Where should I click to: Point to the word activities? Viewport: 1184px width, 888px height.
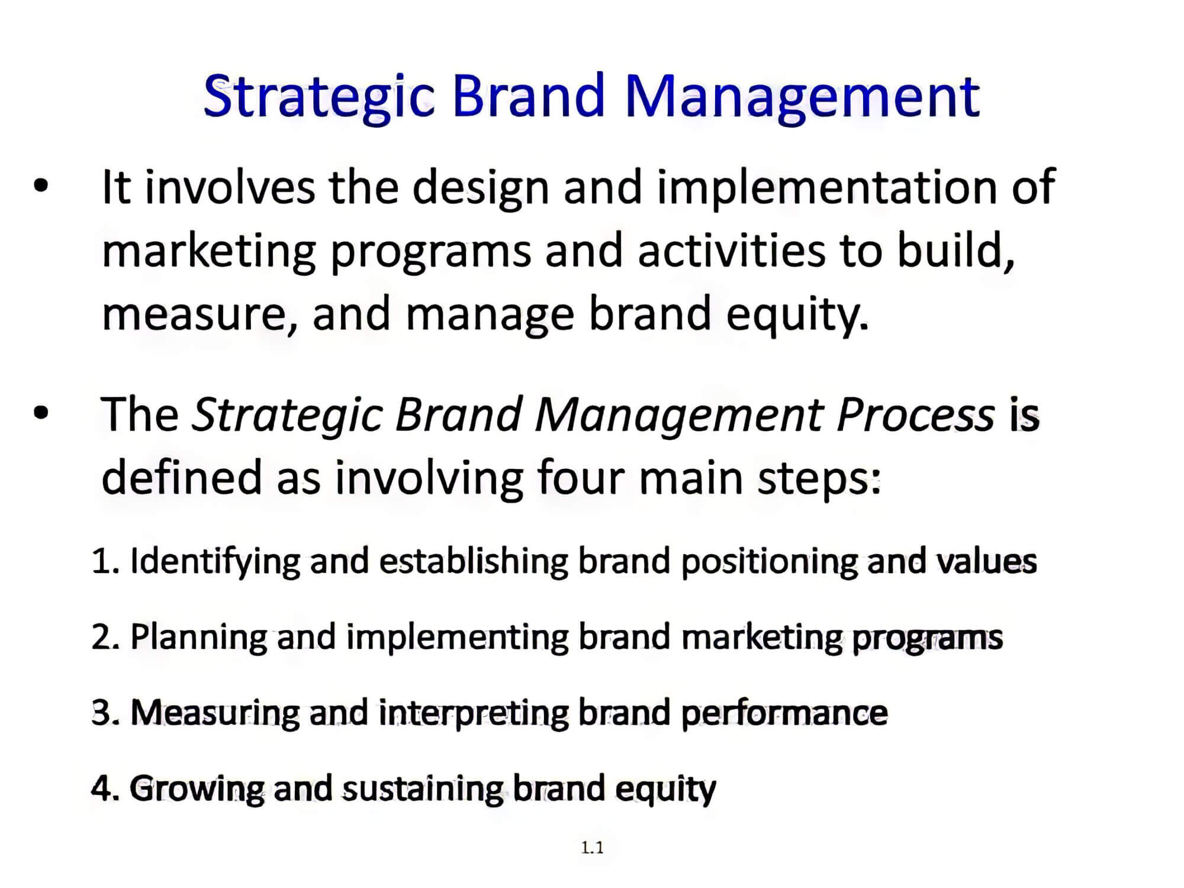pyautogui.click(x=731, y=250)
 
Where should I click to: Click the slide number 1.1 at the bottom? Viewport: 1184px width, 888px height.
pyautogui.click(x=592, y=848)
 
